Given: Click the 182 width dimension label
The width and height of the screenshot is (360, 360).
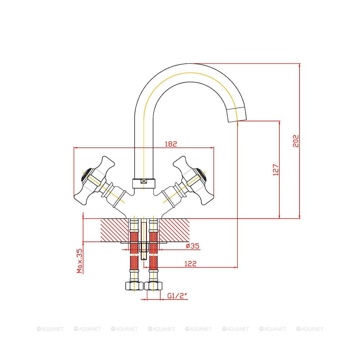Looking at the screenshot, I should point(171,144).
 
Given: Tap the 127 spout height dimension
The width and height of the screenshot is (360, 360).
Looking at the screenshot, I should point(276,170).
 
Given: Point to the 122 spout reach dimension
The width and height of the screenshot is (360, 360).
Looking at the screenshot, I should point(190,264).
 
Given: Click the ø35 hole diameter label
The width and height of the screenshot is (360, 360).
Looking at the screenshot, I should point(193,246).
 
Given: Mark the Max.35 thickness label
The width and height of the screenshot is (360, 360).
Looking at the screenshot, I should point(80,261).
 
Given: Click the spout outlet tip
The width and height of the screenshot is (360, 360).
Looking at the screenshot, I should point(238,115).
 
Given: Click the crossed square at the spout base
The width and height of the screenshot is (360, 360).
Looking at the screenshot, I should point(144,182).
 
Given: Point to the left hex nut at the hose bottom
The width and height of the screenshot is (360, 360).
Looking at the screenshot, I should point(134,286).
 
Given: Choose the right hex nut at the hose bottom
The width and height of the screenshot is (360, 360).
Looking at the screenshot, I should point(154,286).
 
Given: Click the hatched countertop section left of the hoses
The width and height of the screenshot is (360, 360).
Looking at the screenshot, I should point(114,230).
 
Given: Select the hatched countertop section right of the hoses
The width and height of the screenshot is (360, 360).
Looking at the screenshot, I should point(174,230).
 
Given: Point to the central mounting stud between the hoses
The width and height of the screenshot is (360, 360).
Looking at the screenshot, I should point(144,239).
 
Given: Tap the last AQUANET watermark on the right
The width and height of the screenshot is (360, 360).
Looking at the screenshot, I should point(310,329).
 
